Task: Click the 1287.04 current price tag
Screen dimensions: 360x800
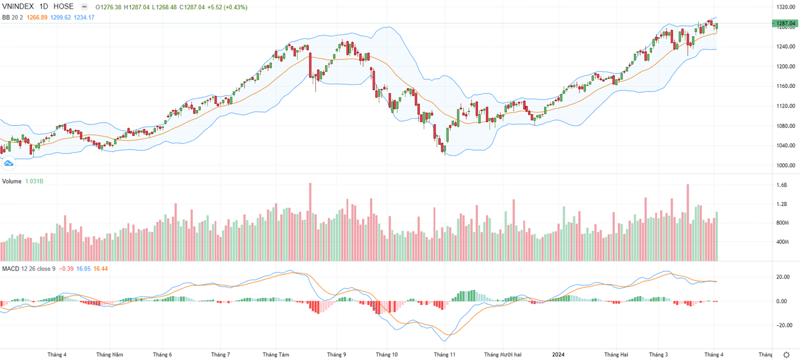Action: point(785,24)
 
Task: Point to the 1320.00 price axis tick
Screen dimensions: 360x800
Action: point(785,7)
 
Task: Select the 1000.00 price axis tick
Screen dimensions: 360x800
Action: point(785,165)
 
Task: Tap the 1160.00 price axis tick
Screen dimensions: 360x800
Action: point(785,86)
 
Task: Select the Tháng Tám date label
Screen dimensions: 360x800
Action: point(275,355)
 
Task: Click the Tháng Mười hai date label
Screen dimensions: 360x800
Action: point(501,355)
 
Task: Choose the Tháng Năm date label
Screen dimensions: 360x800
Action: point(109,355)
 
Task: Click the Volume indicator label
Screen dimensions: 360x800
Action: point(11,181)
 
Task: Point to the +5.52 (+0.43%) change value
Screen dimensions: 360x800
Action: point(227,7)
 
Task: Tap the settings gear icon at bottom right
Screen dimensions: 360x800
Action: point(787,355)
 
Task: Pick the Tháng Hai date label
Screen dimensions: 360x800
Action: point(615,355)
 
